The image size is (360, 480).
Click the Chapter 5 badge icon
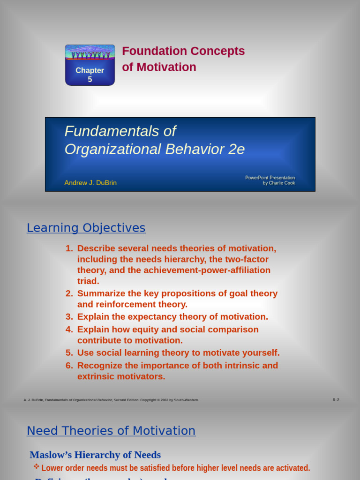pyautogui.click(x=90, y=65)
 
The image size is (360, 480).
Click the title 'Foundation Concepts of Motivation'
pyautogui.click(x=183, y=59)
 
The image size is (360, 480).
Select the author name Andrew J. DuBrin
pyautogui.click(x=90, y=183)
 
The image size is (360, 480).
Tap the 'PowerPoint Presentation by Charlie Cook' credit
pyautogui.click(x=270, y=180)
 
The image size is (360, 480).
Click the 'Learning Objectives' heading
pyautogui.click(x=86, y=228)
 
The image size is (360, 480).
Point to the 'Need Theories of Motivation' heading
pyautogui.click(x=111, y=431)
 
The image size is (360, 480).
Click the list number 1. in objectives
pyautogui.click(x=69, y=248)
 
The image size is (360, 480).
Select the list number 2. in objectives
pyautogui.click(x=69, y=293)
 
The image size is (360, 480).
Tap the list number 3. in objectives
pyautogui.click(x=69, y=317)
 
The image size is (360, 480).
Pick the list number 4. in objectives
pyautogui.click(x=69, y=330)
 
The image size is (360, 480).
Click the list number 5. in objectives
pyautogui.click(x=69, y=353)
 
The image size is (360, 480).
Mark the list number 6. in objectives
pyautogui.click(x=69, y=366)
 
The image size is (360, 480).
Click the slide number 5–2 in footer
pyautogui.click(x=336, y=400)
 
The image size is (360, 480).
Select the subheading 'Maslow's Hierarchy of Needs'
pyautogui.click(x=95, y=455)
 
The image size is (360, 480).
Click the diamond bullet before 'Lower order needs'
pyautogui.click(x=36, y=466)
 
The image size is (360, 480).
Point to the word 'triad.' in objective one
pyautogui.click(x=88, y=281)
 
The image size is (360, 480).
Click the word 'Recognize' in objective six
pyautogui.click(x=99, y=366)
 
